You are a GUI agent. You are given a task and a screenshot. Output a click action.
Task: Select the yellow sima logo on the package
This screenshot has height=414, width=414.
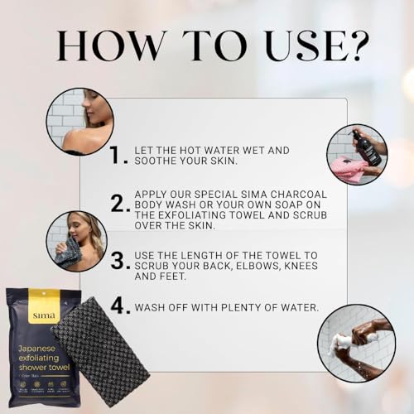pyautogui.click(x=44, y=315)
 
